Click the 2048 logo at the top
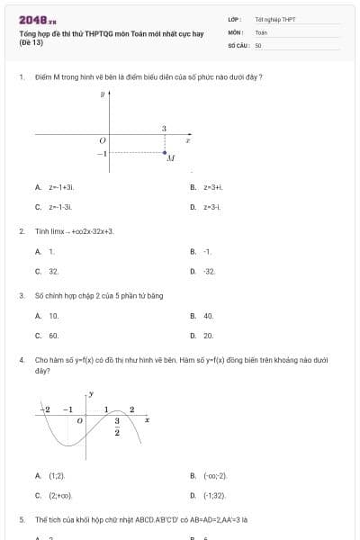[38, 20]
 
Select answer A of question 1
[56, 187]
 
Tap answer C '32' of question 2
[53, 271]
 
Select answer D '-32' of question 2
[208, 271]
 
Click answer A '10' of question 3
[53, 316]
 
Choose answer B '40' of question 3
[208, 316]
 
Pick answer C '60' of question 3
[53, 336]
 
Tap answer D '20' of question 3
[208, 336]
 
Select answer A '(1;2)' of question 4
[56, 475]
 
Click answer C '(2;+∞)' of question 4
[59, 495]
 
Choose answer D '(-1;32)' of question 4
[212, 495]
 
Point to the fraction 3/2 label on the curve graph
[117, 427]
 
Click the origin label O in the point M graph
[102, 140]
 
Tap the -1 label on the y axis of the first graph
[102, 154]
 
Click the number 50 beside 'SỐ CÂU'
[258, 44]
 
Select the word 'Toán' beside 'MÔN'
[261, 31]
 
